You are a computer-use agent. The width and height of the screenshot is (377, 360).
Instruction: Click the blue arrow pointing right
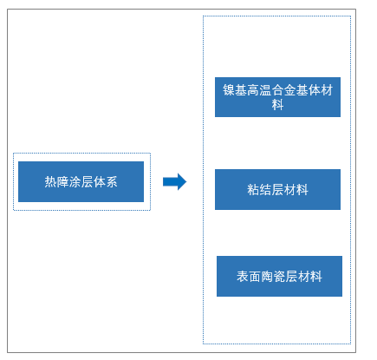(x=175, y=181)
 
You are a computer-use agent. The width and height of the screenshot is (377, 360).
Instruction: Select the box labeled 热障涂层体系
(x=81, y=181)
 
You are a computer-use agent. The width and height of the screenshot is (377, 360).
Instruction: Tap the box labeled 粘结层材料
(x=277, y=189)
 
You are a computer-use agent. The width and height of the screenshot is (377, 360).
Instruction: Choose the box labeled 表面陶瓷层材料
(x=279, y=276)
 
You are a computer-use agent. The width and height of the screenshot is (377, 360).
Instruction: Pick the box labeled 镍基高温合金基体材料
(x=277, y=97)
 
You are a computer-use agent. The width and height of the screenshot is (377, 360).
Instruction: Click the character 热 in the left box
(x=50, y=182)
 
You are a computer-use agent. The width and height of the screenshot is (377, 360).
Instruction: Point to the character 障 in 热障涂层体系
(x=62, y=182)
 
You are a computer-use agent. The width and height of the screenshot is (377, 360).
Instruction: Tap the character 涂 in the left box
(x=75, y=182)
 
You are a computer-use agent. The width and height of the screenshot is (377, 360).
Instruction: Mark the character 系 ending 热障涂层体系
(x=111, y=182)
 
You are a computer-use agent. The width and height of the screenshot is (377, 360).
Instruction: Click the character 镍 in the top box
(x=229, y=90)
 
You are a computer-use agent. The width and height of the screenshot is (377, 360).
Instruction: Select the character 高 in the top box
(x=253, y=90)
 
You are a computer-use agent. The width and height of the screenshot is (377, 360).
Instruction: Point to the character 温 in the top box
(x=265, y=90)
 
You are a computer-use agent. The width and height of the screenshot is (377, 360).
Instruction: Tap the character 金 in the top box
(x=289, y=90)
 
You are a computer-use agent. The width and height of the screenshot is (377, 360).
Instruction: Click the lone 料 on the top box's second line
(x=277, y=104)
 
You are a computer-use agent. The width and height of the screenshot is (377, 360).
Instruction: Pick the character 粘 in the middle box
(x=253, y=190)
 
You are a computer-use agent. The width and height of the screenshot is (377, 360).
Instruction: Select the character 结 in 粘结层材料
(x=265, y=190)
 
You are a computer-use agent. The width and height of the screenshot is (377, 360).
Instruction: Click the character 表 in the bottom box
(x=243, y=277)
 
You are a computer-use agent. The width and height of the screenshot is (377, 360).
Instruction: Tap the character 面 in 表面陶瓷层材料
(x=255, y=277)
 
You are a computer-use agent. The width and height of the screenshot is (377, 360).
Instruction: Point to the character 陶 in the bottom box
(x=267, y=277)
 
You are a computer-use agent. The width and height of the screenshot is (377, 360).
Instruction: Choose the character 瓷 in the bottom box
(x=279, y=277)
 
